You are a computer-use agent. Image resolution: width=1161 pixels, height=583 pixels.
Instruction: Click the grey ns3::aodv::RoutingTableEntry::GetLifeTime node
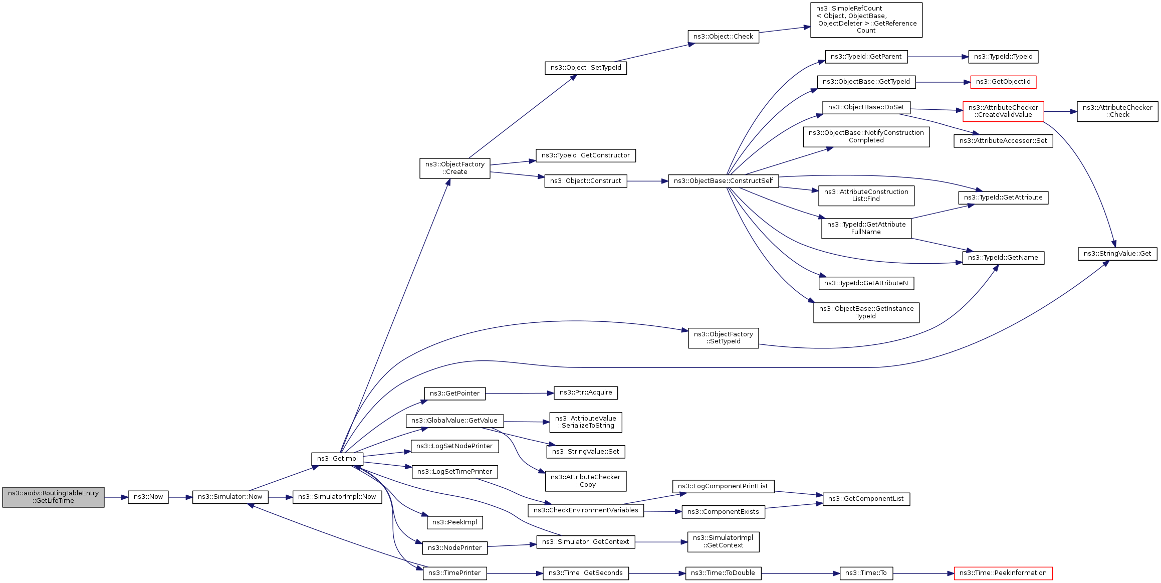[53, 497]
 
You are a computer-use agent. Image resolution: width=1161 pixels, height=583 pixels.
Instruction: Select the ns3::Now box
[148, 497]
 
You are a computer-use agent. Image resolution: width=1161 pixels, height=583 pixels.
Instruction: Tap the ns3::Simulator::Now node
[230, 497]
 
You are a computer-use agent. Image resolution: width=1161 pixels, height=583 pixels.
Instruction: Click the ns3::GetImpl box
[337, 459]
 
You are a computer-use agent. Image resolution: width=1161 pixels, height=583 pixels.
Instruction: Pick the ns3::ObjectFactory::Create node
[454, 168]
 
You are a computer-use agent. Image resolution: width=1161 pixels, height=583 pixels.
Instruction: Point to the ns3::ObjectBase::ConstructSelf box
[723, 181]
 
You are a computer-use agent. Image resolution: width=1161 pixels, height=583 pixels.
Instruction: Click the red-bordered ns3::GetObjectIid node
[1003, 82]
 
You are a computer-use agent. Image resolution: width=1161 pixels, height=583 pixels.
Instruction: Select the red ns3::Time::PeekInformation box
[1003, 573]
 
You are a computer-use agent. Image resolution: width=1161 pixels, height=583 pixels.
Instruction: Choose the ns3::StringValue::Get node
[1117, 254]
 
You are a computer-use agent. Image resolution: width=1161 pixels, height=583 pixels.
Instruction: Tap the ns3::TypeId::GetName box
[1003, 258]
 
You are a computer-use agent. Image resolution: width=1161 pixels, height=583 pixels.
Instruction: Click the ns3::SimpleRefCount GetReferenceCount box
[866, 20]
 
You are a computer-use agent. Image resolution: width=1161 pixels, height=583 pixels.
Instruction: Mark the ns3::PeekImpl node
[454, 522]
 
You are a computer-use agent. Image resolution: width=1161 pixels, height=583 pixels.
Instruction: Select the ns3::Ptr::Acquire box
[585, 393]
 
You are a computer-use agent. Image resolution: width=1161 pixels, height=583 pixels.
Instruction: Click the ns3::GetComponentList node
[866, 499]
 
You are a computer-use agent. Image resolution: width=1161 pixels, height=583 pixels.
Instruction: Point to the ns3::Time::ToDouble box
[723, 573]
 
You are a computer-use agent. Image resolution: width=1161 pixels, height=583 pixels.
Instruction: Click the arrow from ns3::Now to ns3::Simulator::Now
[180, 497]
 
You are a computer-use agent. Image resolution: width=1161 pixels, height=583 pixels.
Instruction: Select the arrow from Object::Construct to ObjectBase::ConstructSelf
[647, 181]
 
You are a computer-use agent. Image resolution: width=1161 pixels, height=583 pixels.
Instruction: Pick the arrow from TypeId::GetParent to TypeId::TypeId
[938, 57]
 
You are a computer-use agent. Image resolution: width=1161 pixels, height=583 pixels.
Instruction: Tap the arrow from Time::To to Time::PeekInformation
[923, 573]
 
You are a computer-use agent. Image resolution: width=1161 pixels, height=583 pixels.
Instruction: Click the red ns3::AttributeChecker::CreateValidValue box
[1003, 111]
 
